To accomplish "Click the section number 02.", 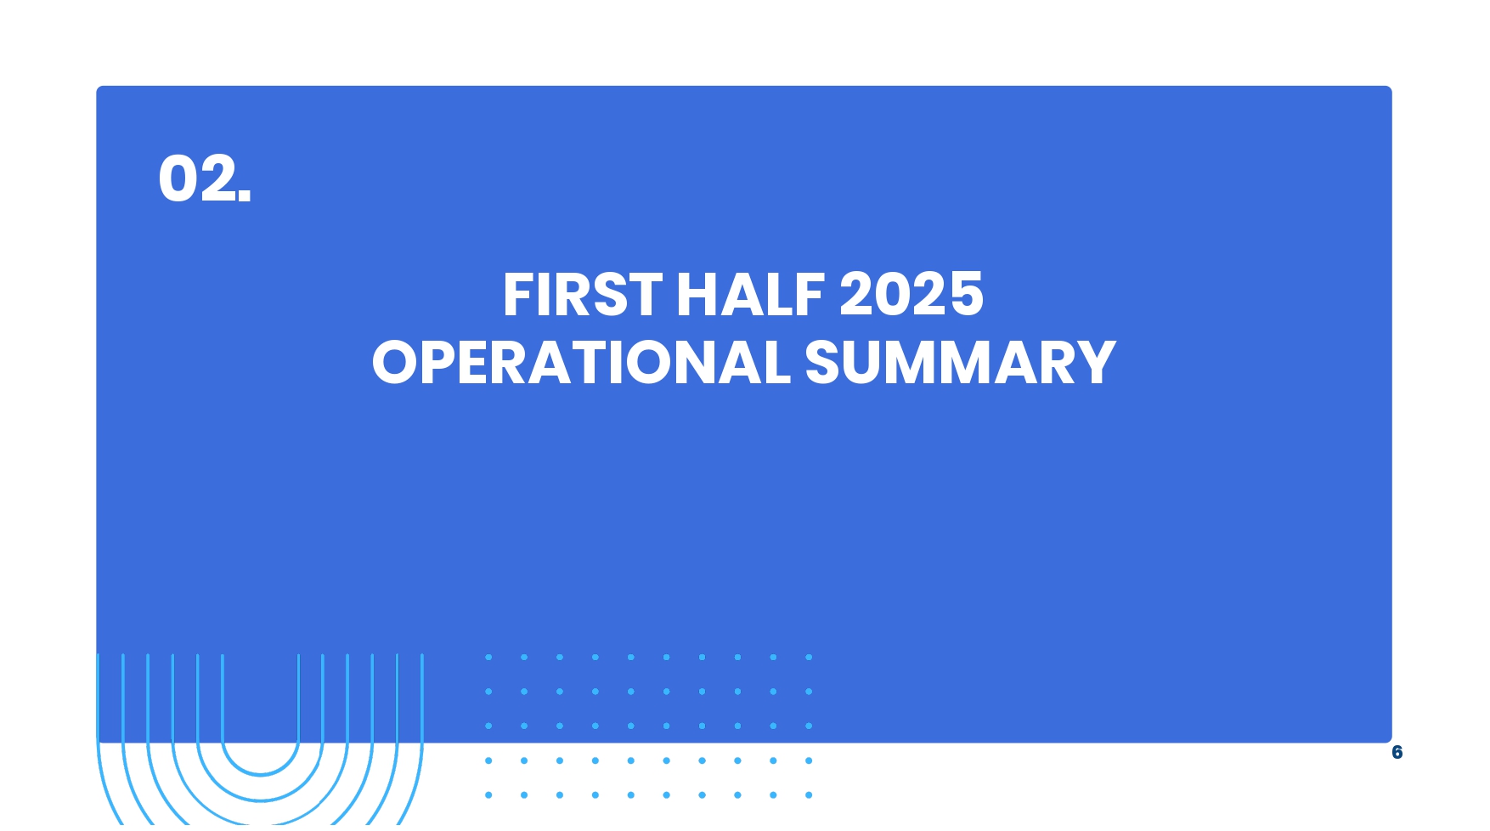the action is (205, 178).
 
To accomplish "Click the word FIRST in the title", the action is (583, 295).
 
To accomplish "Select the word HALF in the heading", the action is (750, 295).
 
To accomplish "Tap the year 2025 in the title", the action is (911, 295).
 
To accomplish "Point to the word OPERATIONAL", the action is (581, 363).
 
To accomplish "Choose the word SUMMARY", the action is (960, 363).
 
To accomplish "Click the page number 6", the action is (1397, 752).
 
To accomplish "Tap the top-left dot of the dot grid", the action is (488, 657).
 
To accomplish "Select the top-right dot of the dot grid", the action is (809, 657).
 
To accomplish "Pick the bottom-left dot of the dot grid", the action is (488, 795).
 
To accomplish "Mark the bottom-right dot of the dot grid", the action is (809, 795).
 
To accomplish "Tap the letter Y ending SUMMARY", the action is (1097, 363).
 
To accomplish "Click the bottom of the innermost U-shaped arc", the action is (261, 774).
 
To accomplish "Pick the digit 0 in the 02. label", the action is (179, 178).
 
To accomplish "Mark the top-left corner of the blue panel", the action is (96, 86).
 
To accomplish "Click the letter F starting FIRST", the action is (517, 295).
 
